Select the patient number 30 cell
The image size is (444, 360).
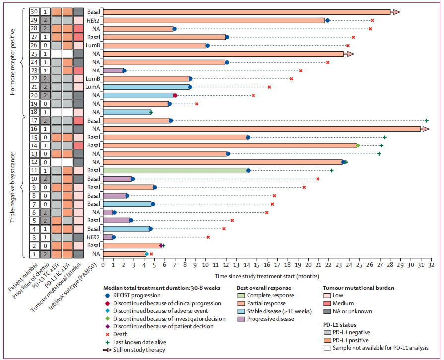tap(34, 12)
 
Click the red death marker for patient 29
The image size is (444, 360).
tap(372, 20)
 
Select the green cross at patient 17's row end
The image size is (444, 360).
tap(426, 120)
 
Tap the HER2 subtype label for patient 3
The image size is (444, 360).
tap(93, 237)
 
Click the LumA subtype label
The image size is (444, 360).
tap(92, 87)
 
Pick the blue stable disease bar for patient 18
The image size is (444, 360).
tap(127, 112)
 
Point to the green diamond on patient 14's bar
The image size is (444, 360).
tap(358, 145)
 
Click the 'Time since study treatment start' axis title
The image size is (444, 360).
tap(267, 275)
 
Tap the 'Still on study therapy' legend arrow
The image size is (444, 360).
tap(109, 350)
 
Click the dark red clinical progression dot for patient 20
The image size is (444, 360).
tap(175, 95)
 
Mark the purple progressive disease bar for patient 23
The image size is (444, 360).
tap(113, 71)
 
